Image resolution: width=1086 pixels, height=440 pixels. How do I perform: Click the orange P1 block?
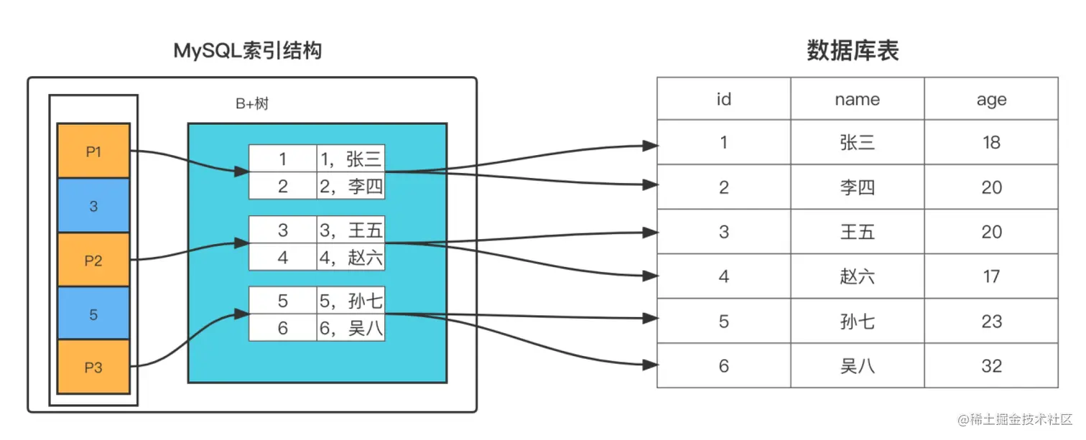(x=93, y=151)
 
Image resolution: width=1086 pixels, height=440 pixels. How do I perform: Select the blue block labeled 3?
(x=93, y=206)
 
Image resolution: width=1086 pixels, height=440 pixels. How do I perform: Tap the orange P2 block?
(x=93, y=261)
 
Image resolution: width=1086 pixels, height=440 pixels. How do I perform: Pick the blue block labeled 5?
(x=93, y=314)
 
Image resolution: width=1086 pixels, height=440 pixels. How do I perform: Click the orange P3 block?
(x=93, y=368)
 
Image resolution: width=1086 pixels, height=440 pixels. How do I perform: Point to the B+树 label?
(x=252, y=105)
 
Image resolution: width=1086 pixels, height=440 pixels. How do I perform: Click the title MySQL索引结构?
(x=248, y=52)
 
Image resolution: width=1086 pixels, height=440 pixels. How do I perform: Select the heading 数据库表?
(x=853, y=51)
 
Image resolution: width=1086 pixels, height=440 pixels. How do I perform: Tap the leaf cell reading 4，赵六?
(x=351, y=257)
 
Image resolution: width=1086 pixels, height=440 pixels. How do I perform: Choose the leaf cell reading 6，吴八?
(x=351, y=328)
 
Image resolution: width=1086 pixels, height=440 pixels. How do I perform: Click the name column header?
(x=857, y=100)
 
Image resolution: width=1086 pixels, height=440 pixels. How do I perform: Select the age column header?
(x=991, y=100)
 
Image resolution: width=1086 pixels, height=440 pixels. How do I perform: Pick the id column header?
(x=723, y=100)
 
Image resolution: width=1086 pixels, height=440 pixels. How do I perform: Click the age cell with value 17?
(x=991, y=276)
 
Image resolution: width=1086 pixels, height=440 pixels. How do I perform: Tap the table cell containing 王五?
(x=857, y=232)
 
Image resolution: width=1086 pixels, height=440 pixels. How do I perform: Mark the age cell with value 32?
(x=991, y=366)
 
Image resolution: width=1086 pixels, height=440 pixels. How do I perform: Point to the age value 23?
(x=991, y=321)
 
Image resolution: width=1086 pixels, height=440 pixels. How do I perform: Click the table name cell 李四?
(x=857, y=187)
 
